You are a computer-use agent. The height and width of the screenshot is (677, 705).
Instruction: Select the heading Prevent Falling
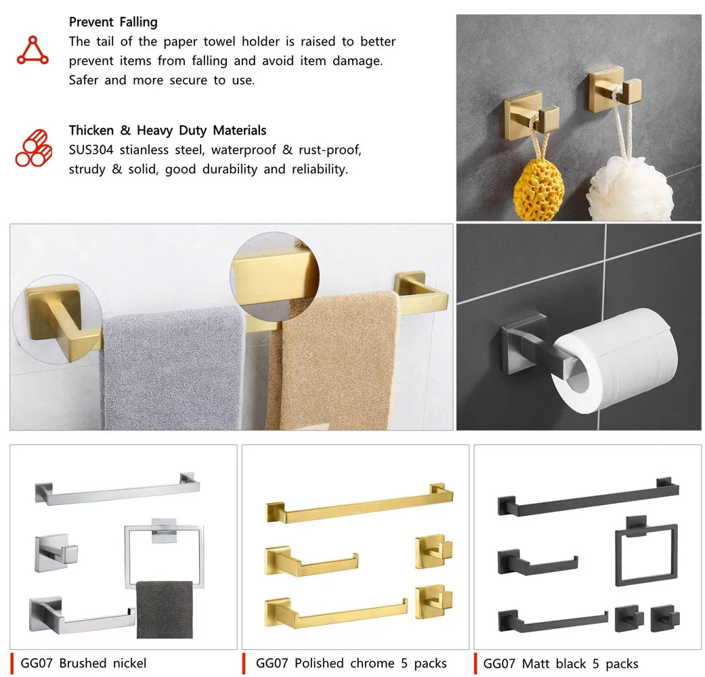[x=113, y=22]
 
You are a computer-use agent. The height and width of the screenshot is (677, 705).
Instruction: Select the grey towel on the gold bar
[x=173, y=369]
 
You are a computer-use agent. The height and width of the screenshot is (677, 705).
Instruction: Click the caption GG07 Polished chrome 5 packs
[x=351, y=663]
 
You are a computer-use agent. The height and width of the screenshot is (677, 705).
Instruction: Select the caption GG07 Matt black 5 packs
[x=560, y=663]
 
